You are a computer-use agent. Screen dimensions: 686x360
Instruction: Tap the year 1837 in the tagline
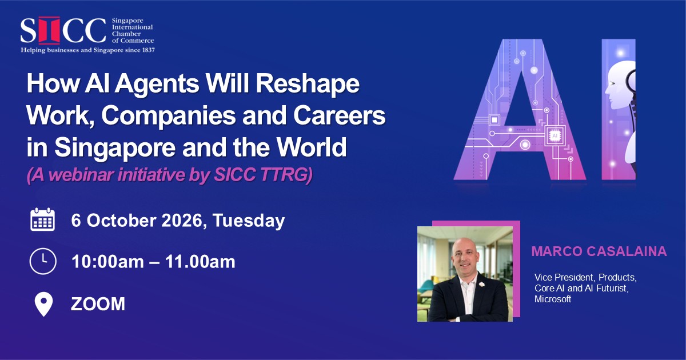[148, 50]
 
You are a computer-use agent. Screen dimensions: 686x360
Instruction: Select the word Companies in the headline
[168, 115]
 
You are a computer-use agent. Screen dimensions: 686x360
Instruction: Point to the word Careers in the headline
[340, 115]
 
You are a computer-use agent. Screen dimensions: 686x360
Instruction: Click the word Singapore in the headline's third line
[115, 147]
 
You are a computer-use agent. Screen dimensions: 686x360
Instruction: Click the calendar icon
[42, 219]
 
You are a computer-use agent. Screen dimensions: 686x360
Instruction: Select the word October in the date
[121, 221]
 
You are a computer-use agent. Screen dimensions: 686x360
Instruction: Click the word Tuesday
[248, 221]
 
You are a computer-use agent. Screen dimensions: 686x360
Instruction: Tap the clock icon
[43, 261]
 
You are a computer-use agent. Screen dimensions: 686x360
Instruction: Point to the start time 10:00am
[107, 262]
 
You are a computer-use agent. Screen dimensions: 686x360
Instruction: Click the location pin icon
[43, 304]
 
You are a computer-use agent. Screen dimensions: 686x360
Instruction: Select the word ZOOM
[98, 304]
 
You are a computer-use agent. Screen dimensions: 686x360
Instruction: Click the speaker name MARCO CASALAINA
[599, 251]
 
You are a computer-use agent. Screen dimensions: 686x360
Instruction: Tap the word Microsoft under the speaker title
[553, 299]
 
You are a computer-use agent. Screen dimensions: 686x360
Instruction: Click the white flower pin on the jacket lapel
[482, 284]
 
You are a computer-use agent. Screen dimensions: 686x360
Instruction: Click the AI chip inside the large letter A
[555, 135]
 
